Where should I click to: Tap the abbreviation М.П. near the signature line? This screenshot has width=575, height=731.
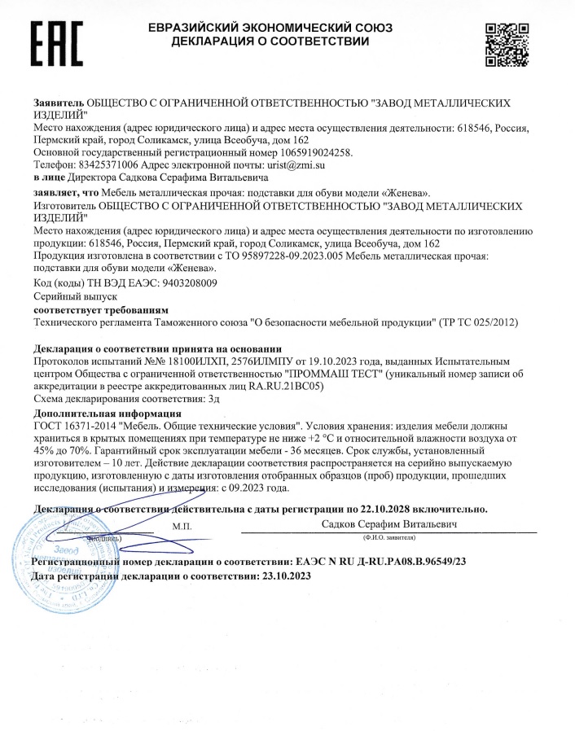point(182,527)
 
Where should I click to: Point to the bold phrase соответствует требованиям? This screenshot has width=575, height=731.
point(101,310)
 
